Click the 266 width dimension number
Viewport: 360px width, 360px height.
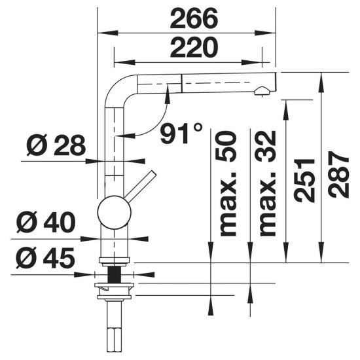click(x=194, y=18)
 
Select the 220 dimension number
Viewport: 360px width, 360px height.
click(x=194, y=48)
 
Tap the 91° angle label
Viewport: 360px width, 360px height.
click(x=181, y=133)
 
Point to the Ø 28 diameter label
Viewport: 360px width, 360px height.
click(x=56, y=145)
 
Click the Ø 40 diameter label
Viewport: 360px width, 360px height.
click(x=46, y=223)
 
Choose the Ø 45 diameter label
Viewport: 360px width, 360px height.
click(x=45, y=258)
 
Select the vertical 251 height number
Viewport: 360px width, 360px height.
click(x=304, y=181)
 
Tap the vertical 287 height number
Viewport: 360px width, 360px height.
click(x=339, y=175)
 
